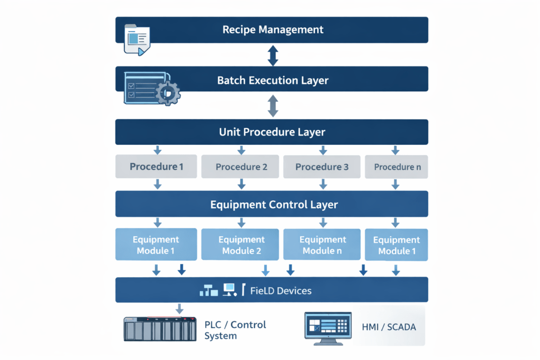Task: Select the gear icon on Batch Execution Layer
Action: [x=168, y=93]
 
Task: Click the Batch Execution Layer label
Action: [x=273, y=81]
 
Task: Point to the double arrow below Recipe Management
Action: [x=273, y=55]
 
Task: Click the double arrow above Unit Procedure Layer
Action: [x=273, y=106]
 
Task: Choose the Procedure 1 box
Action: [x=156, y=167]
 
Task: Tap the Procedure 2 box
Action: [x=241, y=167]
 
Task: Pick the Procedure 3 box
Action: [x=322, y=167]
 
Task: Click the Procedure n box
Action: [x=397, y=167]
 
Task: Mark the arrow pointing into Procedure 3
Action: [x=322, y=150]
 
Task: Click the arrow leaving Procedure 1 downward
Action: [x=157, y=184]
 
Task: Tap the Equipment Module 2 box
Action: [x=241, y=245]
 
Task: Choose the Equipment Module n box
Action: [x=322, y=245]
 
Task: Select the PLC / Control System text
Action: [x=235, y=330]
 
